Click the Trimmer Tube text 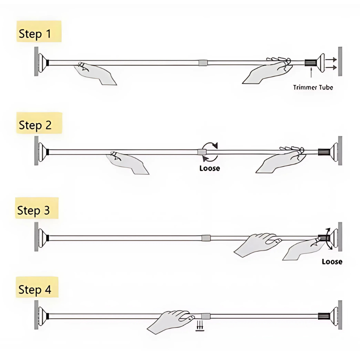point(312,87)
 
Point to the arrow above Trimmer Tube point(310,73)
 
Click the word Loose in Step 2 point(209,168)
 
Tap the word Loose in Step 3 point(332,262)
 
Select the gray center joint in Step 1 point(203,63)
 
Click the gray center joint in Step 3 point(206,238)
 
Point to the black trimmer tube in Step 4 point(323,316)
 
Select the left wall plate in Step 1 point(36,61)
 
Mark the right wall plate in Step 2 point(340,151)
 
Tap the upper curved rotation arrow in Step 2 point(210,145)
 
